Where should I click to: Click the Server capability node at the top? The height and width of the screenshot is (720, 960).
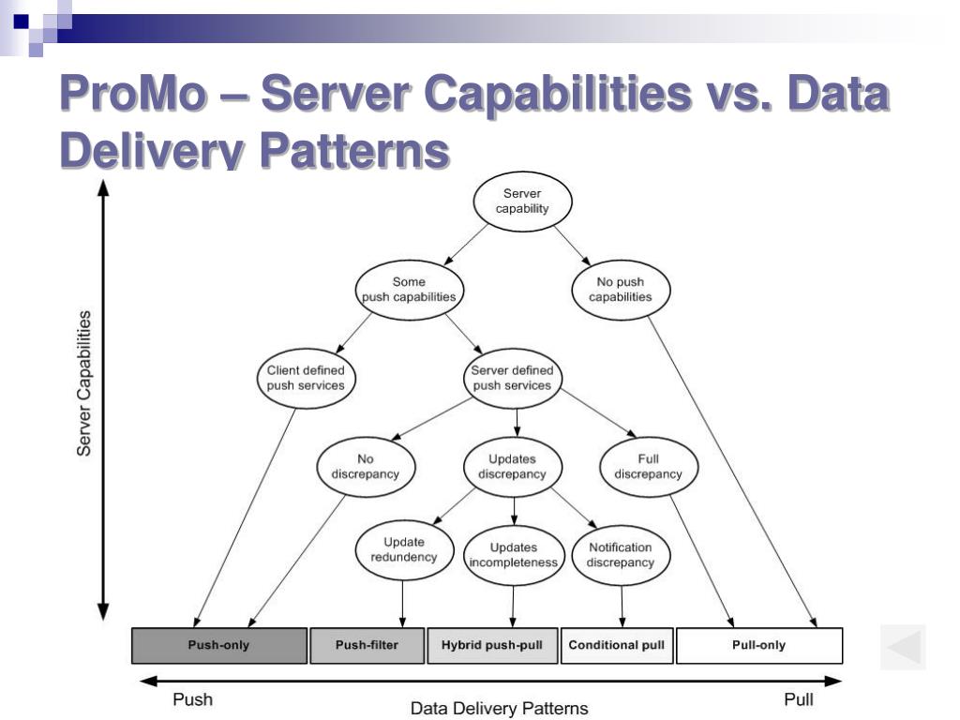tap(522, 202)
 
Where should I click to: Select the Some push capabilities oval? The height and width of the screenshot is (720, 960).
tap(409, 290)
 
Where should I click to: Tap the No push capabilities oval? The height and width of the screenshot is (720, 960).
tap(620, 290)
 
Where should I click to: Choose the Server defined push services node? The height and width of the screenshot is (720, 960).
tap(512, 378)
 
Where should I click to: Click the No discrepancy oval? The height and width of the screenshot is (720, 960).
tap(365, 467)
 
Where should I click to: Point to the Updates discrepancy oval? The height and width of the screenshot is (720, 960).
tap(512, 467)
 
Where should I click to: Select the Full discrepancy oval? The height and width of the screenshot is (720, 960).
tap(648, 467)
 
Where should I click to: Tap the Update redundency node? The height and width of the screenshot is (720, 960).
tap(404, 549)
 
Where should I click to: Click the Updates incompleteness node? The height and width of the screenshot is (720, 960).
tap(512, 555)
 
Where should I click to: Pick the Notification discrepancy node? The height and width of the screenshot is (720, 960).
tap(620, 555)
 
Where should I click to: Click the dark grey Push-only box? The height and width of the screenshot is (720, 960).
tap(218, 645)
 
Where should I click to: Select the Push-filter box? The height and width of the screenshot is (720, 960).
tap(367, 645)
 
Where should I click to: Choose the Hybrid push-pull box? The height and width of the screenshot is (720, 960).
tap(492, 645)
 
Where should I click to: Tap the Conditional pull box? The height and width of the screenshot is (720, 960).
tap(617, 645)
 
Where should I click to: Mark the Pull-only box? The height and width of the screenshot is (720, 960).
tap(758, 645)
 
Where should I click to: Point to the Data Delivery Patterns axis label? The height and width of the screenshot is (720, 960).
tap(499, 709)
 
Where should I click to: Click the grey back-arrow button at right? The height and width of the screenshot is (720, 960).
tap(903, 647)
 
